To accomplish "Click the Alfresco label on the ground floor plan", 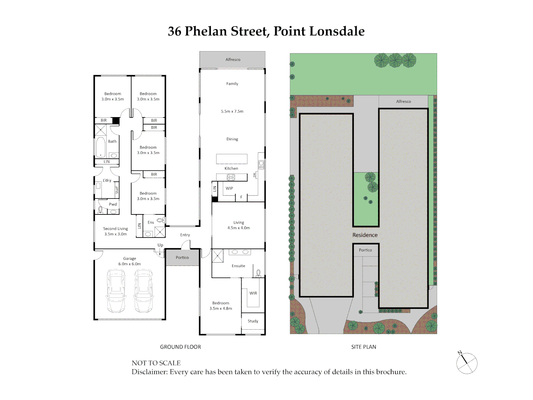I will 233,60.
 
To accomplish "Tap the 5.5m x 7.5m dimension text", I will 232,111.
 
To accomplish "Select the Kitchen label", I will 231,169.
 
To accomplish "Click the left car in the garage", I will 116,291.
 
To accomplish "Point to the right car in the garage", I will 144,291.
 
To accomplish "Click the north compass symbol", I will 466,363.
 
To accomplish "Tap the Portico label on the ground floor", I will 182,258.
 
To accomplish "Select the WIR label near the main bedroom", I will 253,293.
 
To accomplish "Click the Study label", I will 253,321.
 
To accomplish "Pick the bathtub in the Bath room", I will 101,147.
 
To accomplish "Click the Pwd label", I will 113,204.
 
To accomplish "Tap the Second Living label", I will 115,229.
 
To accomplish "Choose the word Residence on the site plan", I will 365,235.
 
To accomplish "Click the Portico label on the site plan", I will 365,250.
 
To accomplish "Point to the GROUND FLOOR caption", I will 181,347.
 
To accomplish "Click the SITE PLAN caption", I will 363,347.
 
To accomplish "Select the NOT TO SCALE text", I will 156,363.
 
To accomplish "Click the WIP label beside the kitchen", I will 229,189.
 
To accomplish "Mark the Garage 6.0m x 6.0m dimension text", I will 130,264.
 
